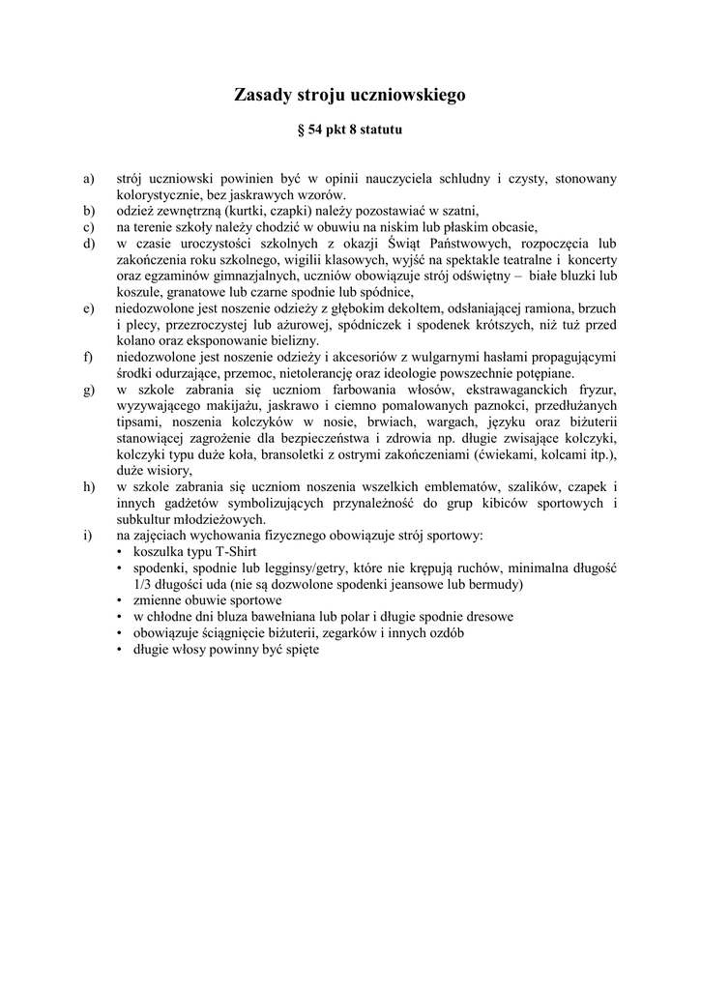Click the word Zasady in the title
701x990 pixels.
261,95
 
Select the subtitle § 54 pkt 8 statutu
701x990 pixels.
349,129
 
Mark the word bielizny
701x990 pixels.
294,340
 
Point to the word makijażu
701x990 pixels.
224,406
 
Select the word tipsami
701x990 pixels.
139,422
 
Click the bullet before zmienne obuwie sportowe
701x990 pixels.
121,600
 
